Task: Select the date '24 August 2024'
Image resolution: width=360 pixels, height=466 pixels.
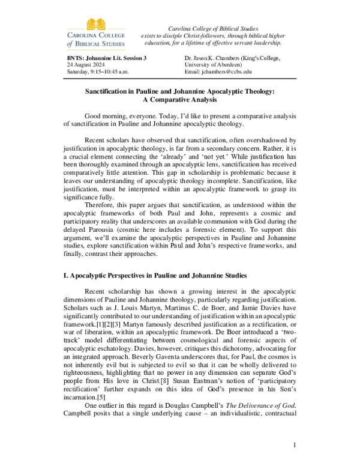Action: [x=88, y=64]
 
